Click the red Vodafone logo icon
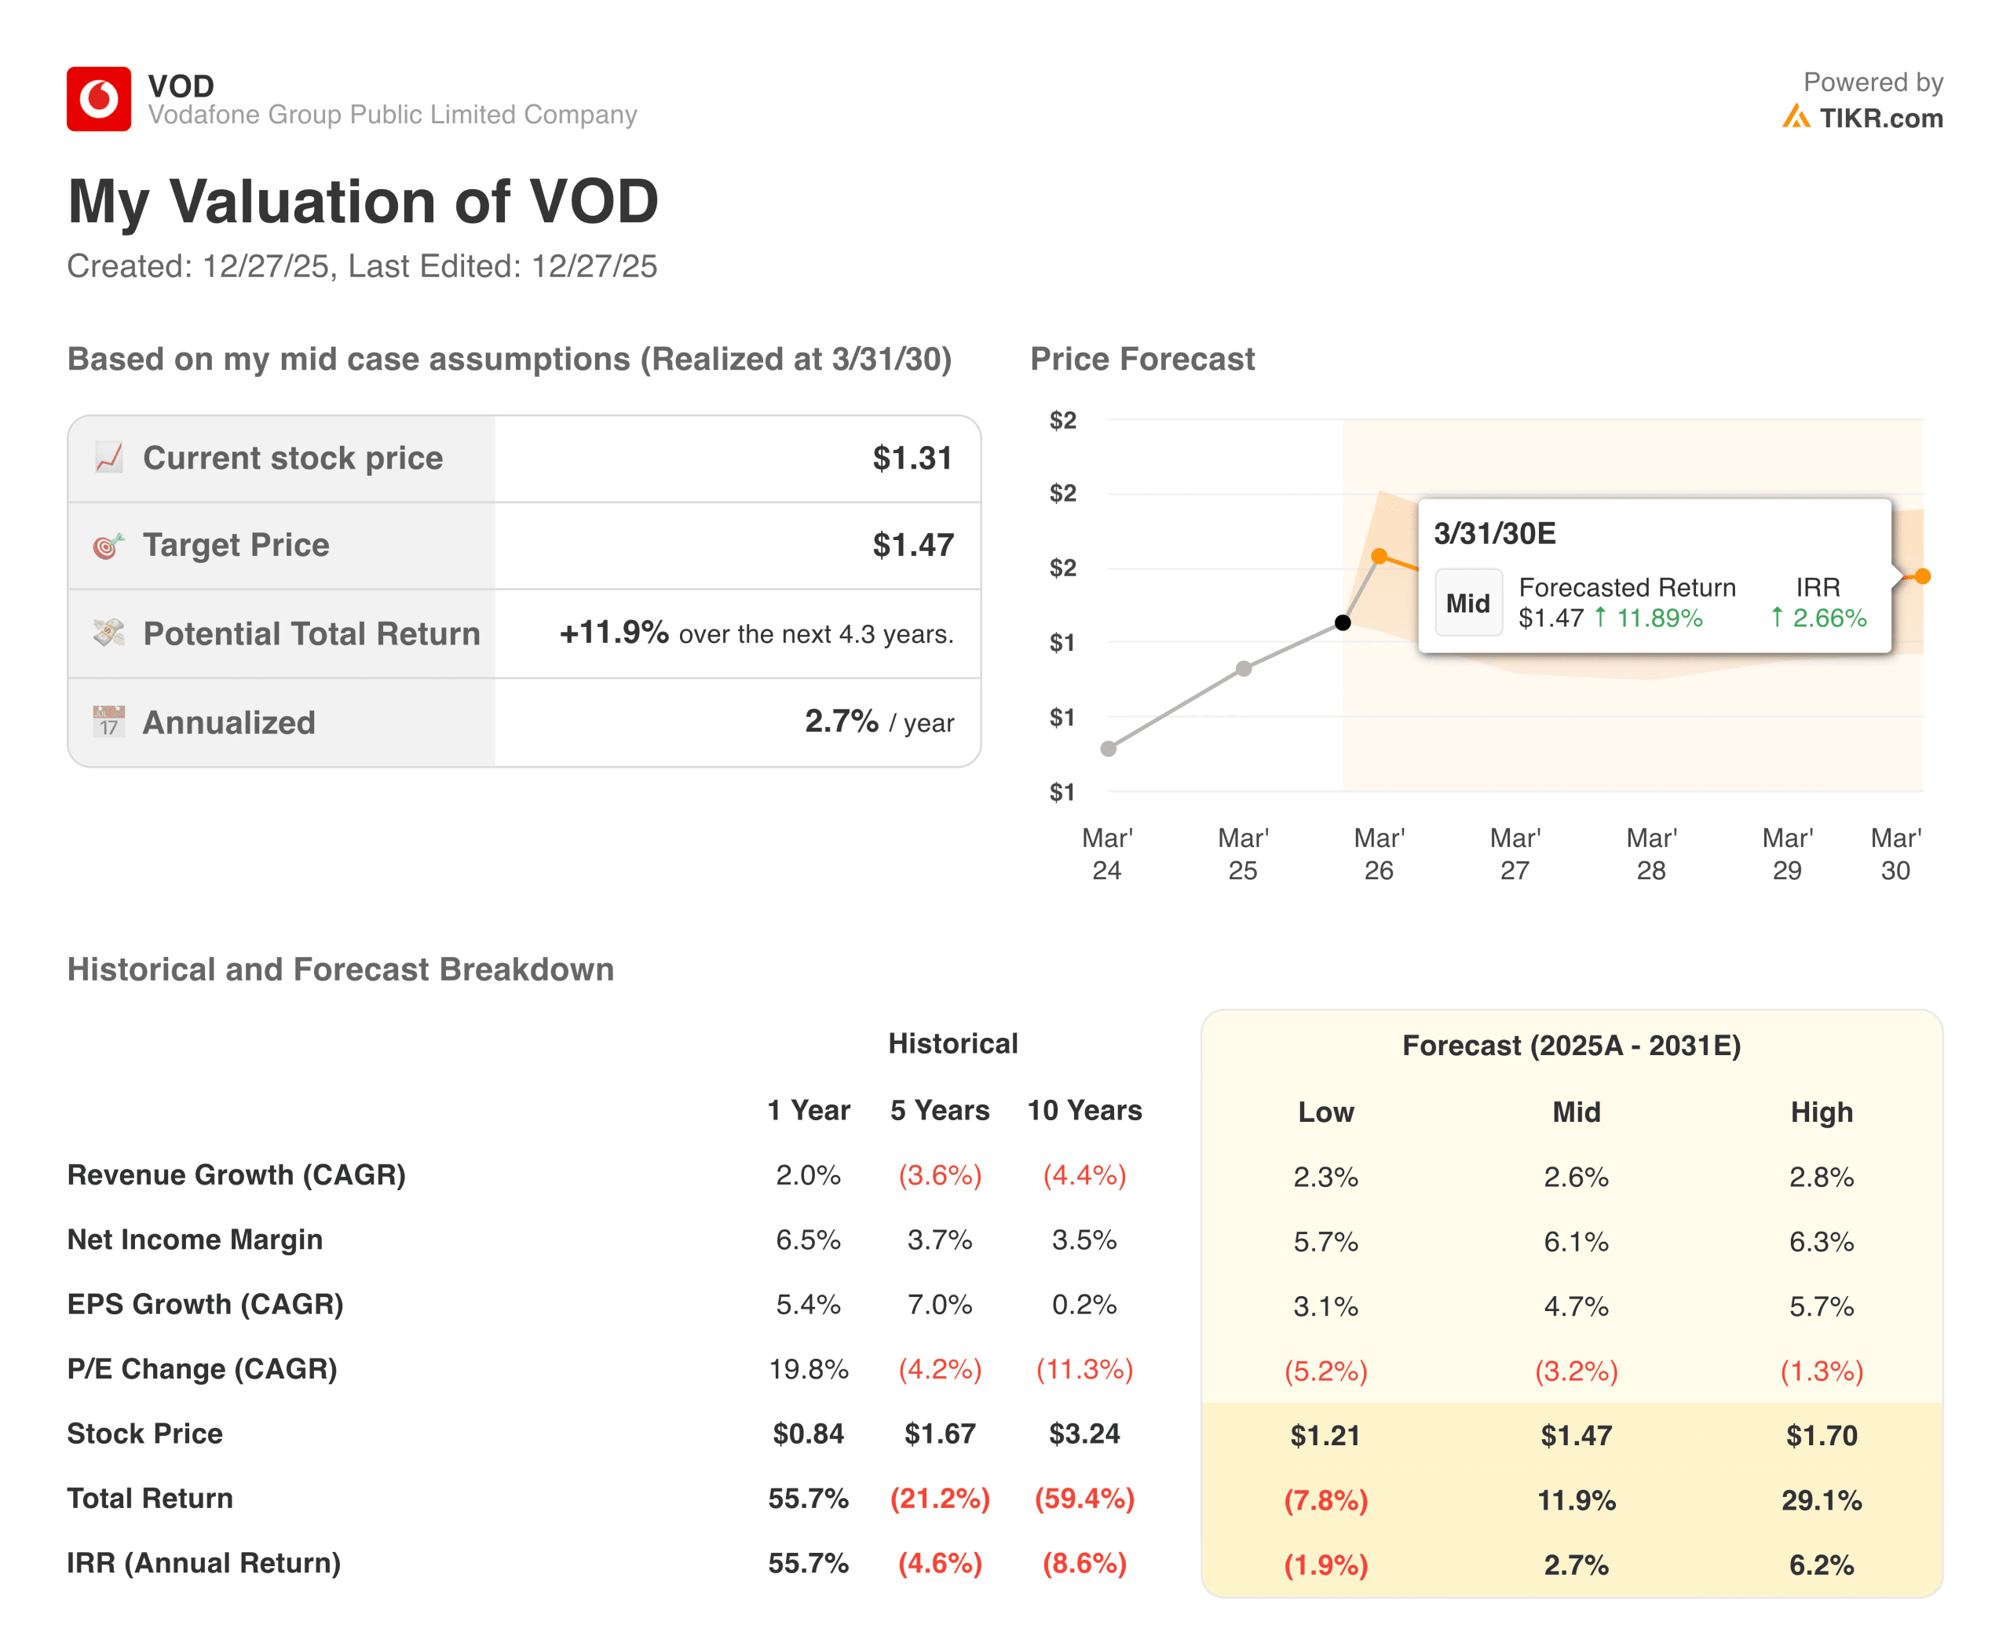tap(99, 99)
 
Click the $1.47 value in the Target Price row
tap(913, 546)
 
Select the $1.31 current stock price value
tap(913, 458)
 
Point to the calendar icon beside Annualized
tap(109, 722)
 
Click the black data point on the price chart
tap(1343, 623)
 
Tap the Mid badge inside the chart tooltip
tap(1468, 604)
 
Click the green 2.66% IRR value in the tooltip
tap(1829, 619)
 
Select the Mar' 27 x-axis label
tap(1515, 854)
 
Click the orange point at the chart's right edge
tap(1923, 576)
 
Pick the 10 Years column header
tap(1085, 1111)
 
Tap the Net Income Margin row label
tap(196, 1240)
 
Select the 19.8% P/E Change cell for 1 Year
tap(808, 1370)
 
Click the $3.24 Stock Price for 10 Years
tap(1085, 1433)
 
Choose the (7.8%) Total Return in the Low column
tap(1326, 1501)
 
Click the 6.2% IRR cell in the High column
tap(1821, 1565)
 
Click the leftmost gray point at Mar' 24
tap(1109, 749)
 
